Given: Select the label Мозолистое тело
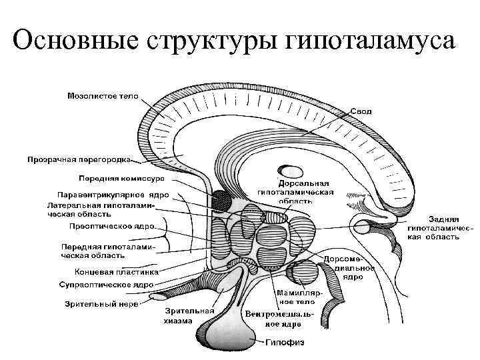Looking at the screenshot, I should pos(103,96).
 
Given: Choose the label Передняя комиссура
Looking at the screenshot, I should pos(125,179).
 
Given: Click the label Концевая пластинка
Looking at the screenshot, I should pos(117,272).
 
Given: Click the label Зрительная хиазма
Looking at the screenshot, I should pos(190,315).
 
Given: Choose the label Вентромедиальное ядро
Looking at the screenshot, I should pos(273,319).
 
